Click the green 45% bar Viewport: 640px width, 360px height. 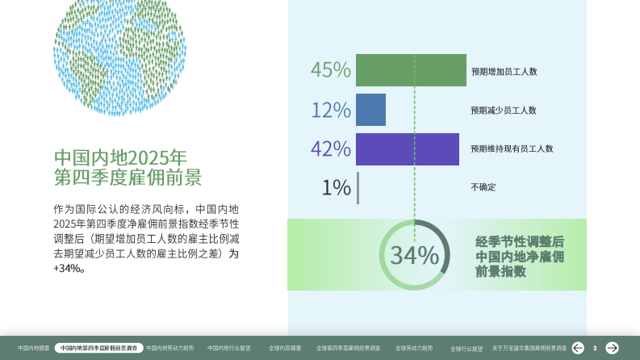tap(411, 70)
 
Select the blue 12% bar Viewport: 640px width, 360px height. tap(370, 110)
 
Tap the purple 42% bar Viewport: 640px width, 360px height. tap(408, 149)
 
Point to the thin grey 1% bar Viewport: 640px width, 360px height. tap(358, 187)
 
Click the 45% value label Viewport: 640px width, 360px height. tap(331, 70)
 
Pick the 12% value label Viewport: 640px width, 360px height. tap(331, 110)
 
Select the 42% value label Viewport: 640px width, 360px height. tap(331, 149)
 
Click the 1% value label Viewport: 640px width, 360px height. tap(336, 187)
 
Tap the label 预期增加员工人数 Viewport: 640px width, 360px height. tap(504, 71)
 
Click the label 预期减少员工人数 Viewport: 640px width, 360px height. tap(504, 111)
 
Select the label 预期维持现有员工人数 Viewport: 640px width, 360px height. tap(512, 149)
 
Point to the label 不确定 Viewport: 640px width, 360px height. tap(483, 187)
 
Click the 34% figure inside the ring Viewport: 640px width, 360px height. tap(415, 256)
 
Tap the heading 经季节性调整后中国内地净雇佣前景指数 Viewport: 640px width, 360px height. tap(520, 257)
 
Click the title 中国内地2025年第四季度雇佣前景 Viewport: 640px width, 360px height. tap(128, 167)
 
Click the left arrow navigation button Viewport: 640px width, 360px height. tap(578, 348)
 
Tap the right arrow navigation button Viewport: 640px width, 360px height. tap(613, 348)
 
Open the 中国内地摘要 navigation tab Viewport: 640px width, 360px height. tap(34, 348)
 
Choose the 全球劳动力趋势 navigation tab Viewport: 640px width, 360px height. tap(414, 348)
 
